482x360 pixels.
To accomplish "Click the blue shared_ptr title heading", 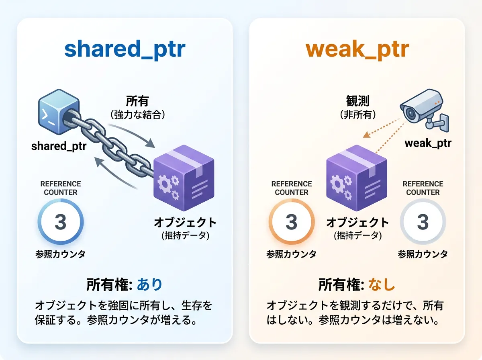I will click(125, 49).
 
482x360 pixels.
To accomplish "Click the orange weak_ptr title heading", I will click(357, 49).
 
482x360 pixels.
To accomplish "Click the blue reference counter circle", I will click(60, 222).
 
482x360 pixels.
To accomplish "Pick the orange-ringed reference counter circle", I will click(292, 222).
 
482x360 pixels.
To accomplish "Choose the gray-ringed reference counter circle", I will click(423, 222).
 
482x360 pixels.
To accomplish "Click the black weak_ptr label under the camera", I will click(428, 143).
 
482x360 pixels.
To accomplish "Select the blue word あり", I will click(150, 285).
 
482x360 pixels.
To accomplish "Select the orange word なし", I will click(382, 285).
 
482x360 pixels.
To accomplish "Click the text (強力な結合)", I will click(138, 115).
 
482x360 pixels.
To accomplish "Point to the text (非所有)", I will click(357, 115).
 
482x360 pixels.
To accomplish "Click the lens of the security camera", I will click(410, 114).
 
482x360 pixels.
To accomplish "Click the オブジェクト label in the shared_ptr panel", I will click(185, 222).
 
